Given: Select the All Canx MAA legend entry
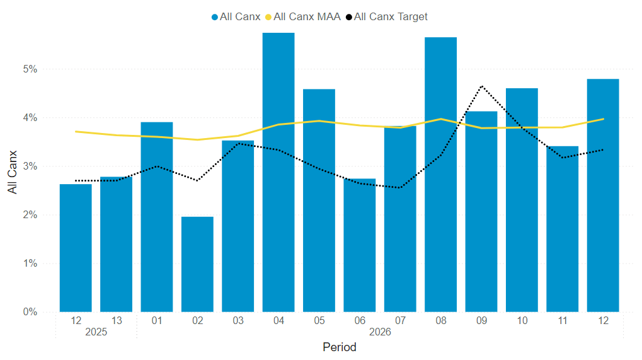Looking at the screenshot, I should pyautogui.click(x=307, y=16).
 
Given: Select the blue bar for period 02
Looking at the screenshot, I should pyautogui.click(x=197, y=264).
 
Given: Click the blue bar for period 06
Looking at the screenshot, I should pyautogui.click(x=360, y=245).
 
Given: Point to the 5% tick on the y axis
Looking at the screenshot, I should pyautogui.click(x=30, y=69).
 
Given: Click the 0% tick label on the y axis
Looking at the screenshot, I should pyautogui.click(x=30, y=312).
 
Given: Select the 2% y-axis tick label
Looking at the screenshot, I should pyautogui.click(x=30, y=215).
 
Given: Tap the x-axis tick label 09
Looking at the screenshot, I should pyautogui.click(x=481, y=321).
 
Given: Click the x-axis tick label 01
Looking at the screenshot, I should pyautogui.click(x=157, y=321).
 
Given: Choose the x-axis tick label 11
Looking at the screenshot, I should pyautogui.click(x=563, y=321).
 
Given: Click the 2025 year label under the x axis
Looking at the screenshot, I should pyautogui.click(x=96, y=332).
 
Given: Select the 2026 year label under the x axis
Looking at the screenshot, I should pyautogui.click(x=380, y=332).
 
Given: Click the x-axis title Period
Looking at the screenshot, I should pyautogui.click(x=340, y=347).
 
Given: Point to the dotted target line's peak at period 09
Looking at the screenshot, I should pyautogui.click(x=481, y=86).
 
